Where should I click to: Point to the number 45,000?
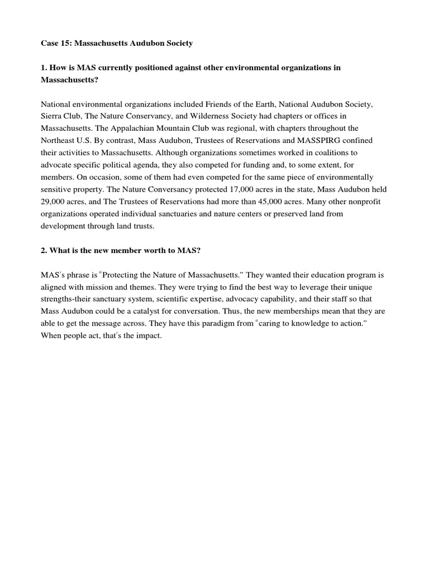(282, 202)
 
